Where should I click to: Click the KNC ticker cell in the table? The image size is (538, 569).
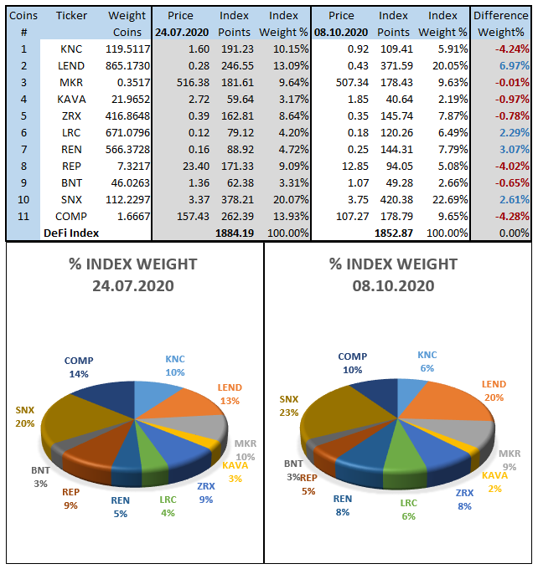pos(71,49)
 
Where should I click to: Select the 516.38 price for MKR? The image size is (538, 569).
pos(178,83)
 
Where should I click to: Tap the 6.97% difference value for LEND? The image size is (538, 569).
pos(513,66)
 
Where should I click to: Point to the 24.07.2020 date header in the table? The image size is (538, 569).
pos(181,32)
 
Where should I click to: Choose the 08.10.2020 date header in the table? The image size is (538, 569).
pos(342,32)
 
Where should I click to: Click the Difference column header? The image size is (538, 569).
pos(501,16)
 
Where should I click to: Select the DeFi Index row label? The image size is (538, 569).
pos(71,233)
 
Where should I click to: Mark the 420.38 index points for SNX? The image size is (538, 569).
pos(396,200)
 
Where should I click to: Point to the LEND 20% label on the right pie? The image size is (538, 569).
pos(494,391)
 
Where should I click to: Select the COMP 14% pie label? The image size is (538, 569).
pos(79,367)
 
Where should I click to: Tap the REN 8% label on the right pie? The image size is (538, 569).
pos(342,505)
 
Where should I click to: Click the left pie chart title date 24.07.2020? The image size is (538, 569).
pos(134,285)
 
